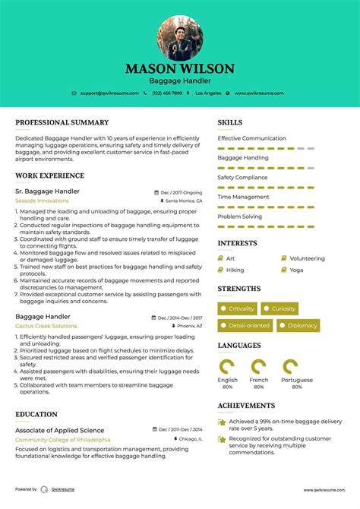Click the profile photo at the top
[180, 38]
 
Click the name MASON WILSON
[180, 68]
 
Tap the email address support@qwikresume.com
[108, 93]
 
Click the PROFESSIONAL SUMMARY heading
[62, 122]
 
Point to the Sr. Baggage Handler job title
[47, 191]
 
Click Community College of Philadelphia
[62, 440]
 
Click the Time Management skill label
[242, 197]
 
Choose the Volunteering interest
[307, 258]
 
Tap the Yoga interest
[296, 270]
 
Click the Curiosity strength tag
[283, 308]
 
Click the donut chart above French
[258, 366]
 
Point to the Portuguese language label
[297, 380]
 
